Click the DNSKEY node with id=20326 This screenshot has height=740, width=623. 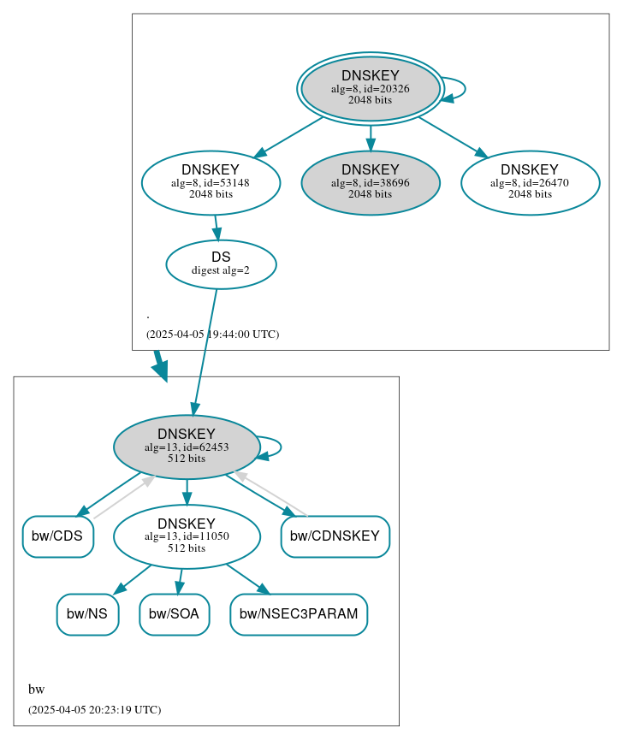click(x=370, y=88)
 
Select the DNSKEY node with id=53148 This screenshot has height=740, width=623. click(x=211, y=182)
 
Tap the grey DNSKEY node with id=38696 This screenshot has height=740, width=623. click(x=370, y=182)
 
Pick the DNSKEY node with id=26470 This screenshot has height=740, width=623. click(x=530, y=182)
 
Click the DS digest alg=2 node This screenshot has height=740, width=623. click(x=221, y=263)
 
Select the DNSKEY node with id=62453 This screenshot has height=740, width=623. click(x=187, y=447)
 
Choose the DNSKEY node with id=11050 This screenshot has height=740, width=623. click(x=187, y=536)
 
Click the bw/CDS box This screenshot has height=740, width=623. click(x=57, y=536)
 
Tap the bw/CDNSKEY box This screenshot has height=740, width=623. click(x=335, y=536)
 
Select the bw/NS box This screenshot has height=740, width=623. click(x=87, y=614)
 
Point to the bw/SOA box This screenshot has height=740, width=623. click(x=174, y=614)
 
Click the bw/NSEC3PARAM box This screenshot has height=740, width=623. click(x=299, y=614)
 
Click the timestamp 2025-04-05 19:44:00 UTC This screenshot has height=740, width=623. click(x=212, y=334)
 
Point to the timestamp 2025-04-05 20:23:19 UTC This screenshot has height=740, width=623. click(x=94, y=710)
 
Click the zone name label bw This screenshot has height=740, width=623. click(x=36, y=690)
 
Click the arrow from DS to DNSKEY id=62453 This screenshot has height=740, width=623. click(x=205, y=351)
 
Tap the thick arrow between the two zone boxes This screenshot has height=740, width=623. click(x=159, y=364)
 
